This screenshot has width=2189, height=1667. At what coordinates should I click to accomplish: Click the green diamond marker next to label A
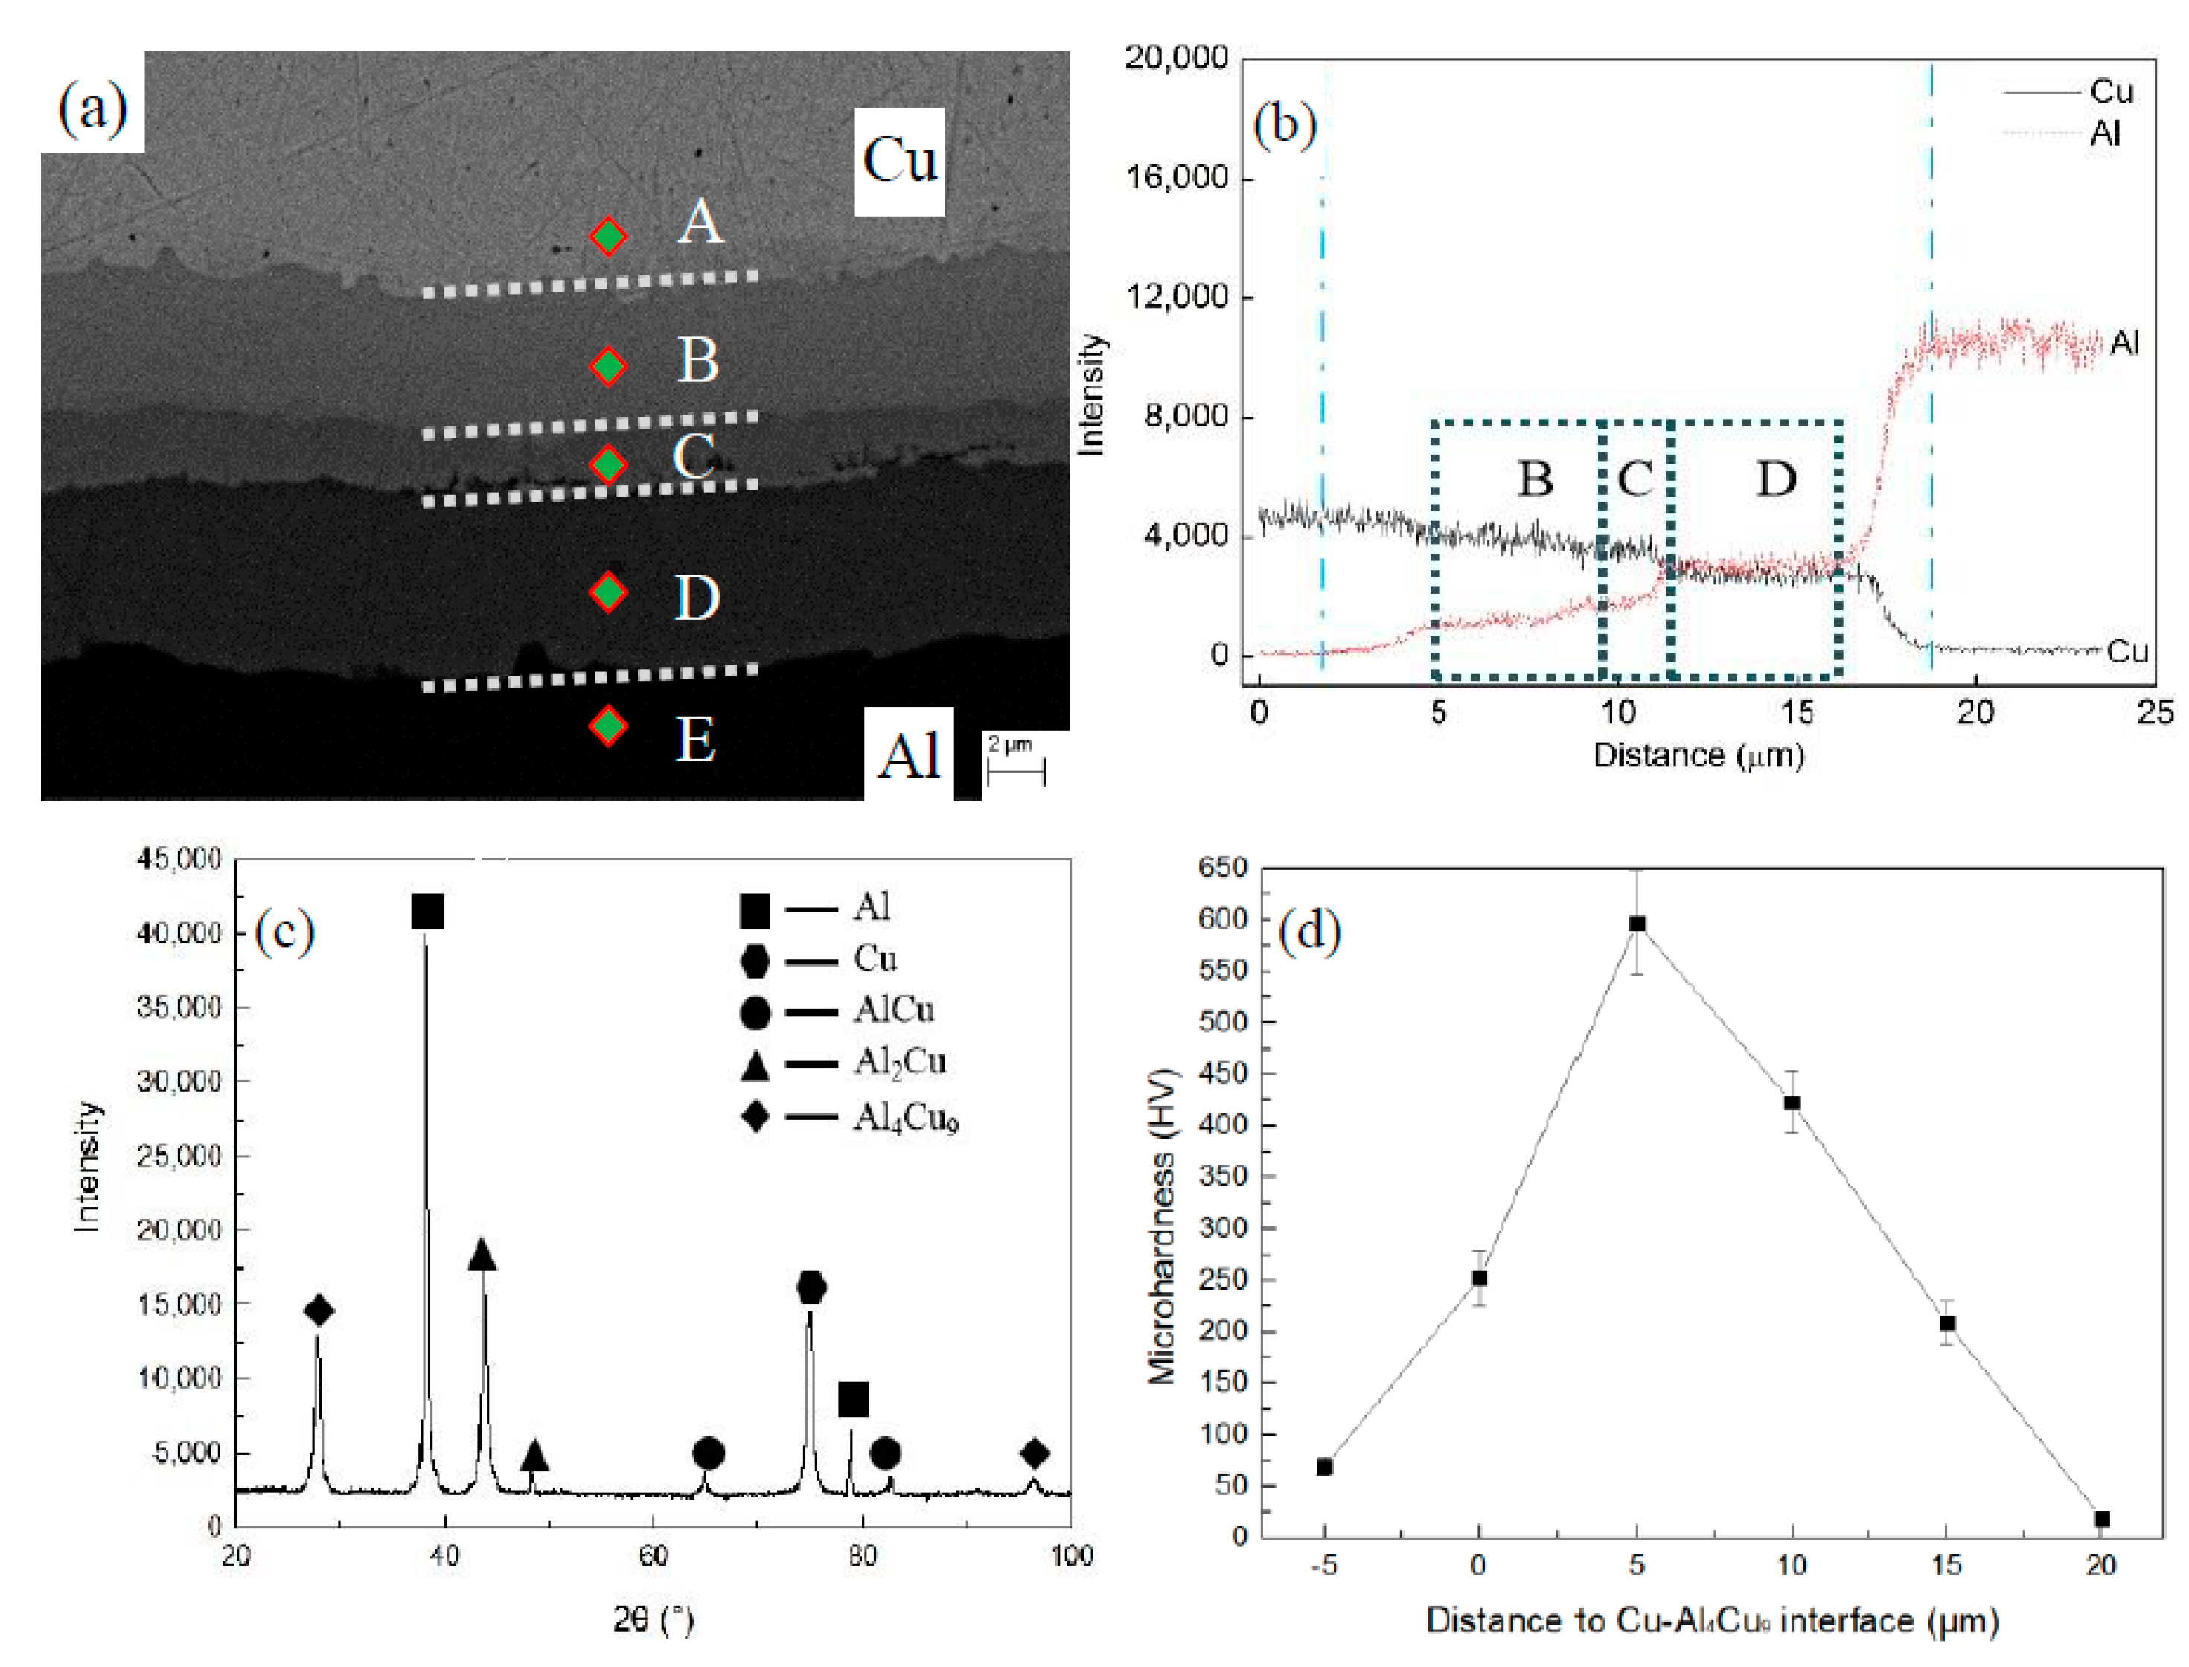[608, 237]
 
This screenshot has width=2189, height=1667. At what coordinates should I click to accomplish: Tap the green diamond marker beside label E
[608, 726]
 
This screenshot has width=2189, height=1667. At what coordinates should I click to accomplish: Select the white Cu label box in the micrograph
[899, 161]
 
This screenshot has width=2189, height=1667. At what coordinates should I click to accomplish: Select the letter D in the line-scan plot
[1776, 479]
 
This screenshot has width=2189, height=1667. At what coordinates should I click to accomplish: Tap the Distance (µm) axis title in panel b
[1698, 755]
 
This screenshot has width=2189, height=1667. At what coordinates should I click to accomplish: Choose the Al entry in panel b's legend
[2064, 133]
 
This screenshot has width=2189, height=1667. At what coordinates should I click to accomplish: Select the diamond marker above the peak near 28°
[319, 1311]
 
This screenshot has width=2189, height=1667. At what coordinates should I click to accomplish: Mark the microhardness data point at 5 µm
[1637, 924]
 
